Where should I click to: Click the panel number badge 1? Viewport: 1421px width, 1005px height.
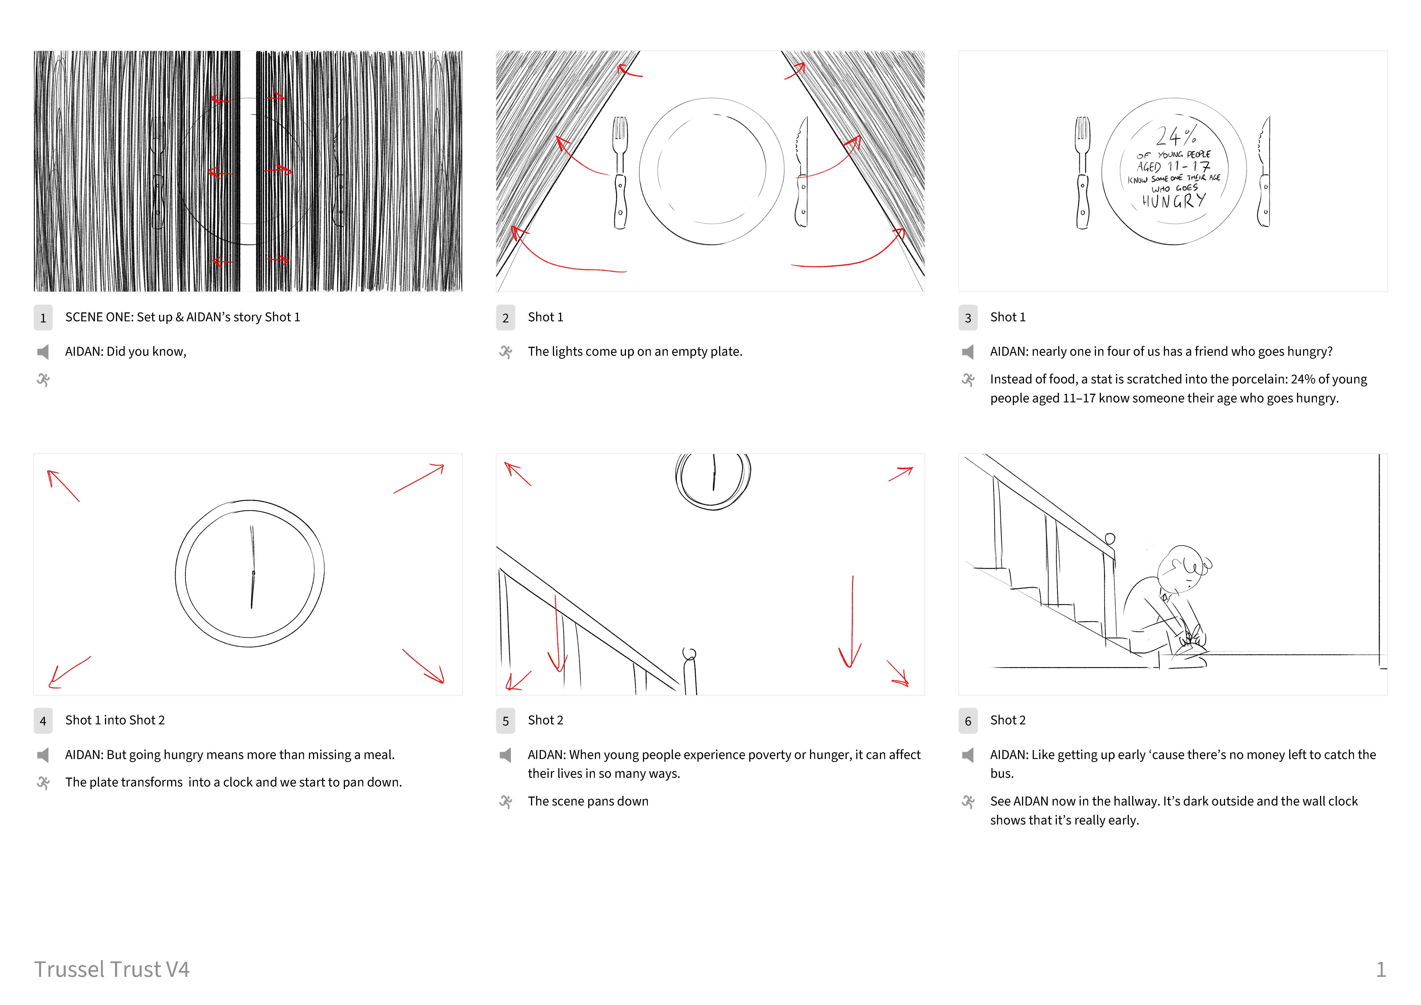pos(43,317)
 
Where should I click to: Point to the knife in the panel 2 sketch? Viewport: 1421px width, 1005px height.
pos(802,172)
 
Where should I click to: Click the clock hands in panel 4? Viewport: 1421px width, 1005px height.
pos(252,567)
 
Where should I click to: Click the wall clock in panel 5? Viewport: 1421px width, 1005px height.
pos(713,480)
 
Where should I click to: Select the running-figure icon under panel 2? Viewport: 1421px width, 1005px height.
pos(506,352)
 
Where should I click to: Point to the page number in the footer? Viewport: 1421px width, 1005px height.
pos(1381,969)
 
